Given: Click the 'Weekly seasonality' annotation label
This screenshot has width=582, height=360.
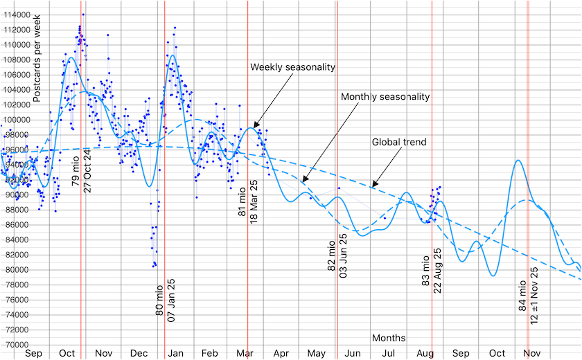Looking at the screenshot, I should pyautogui.click(x=292, y=67).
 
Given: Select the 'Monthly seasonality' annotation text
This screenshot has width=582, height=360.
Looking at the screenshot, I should pyautogui.click(x=385, y=97).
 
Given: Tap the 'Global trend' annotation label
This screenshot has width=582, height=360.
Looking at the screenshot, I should pyautogui.click(x=398, y=142).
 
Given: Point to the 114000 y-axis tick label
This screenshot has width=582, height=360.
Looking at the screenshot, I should pyautogui.click(x=15, y=15).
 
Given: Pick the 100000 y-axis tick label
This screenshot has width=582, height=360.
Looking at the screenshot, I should pyautogui.click(x=15, y=120).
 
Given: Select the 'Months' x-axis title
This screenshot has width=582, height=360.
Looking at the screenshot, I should pyautogui.click(x=389, y=338).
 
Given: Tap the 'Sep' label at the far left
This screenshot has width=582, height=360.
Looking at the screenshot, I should pyautogui.click(x=34, y=353).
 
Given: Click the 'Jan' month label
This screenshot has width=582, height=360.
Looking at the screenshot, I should pyautogui.click(x=176, y=353).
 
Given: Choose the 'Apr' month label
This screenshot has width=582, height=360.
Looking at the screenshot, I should pyautogui.click(x=281, y=353).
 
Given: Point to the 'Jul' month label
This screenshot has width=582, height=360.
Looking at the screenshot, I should pyautogui.click(x=389, y=353).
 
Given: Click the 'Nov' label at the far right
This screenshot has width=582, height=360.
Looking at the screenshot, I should pyautogui.click(x=532, y=353).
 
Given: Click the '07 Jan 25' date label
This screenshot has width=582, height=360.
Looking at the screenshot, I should pyautogui.click(x=171, y=298).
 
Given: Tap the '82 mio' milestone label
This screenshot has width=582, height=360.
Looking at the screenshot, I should pyautogui.click(x=332, y=256).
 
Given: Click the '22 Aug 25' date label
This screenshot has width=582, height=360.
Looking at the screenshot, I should pyautogui.click(x=438, y=271).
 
